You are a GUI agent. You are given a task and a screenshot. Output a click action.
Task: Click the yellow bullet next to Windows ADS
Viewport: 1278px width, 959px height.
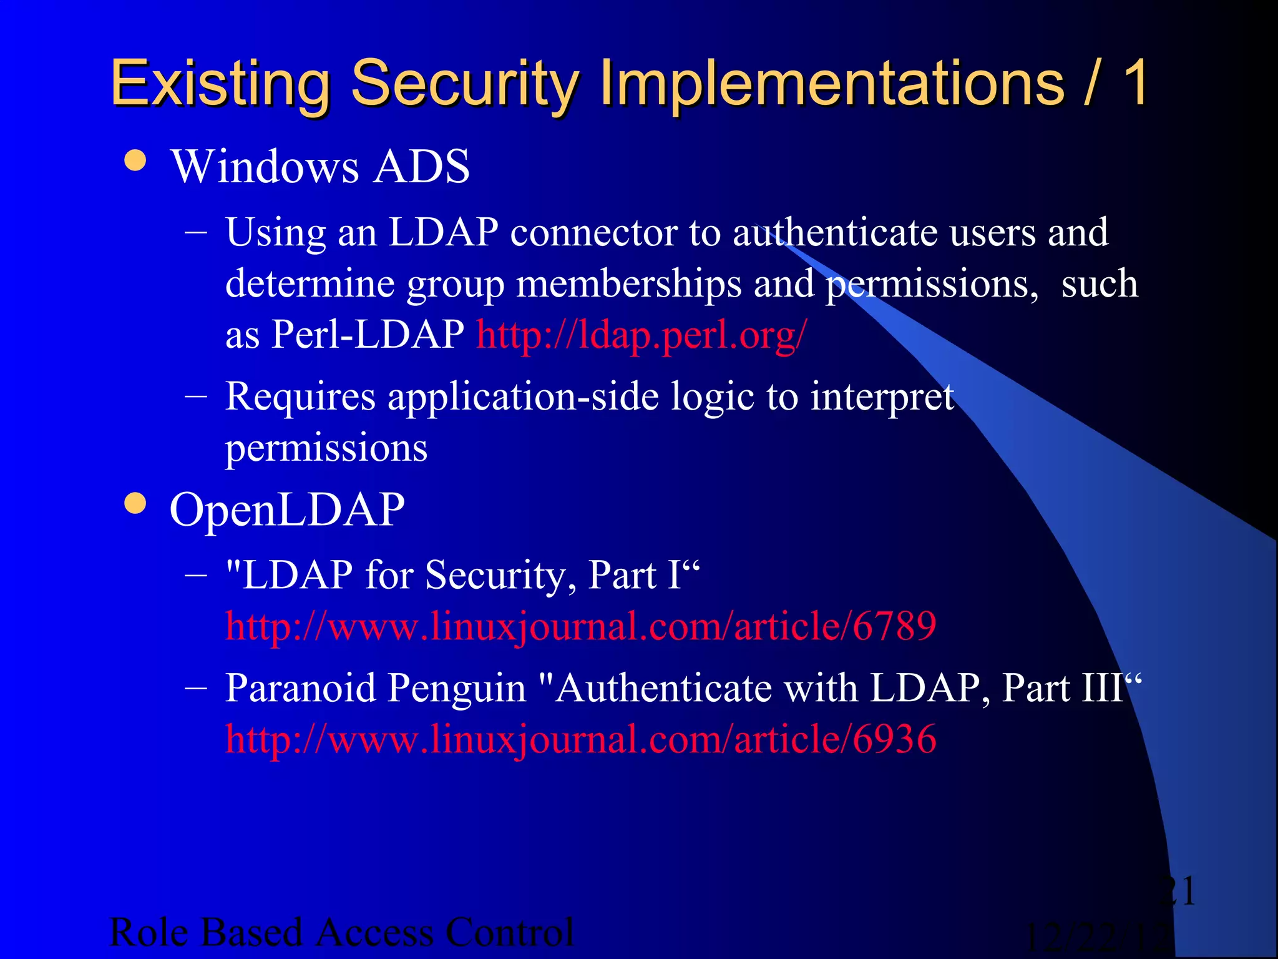click(x=135, y=160)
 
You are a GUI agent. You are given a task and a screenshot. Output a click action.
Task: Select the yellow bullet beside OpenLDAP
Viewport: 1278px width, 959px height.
click(x=135, y=503)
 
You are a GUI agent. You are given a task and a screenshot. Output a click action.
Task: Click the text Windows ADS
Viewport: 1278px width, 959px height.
click(x=320, y=167)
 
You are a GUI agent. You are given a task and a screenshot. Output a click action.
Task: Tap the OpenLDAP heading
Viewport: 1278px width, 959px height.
click(x=287, y=510)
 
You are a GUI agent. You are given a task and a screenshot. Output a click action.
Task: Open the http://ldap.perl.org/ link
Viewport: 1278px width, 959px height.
click(x=641, y=335)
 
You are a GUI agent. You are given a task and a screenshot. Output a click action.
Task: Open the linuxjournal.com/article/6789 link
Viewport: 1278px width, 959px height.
click(x=580, y=626)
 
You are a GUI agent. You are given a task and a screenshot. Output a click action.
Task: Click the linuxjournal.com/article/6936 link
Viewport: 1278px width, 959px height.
click(x=580, y=739)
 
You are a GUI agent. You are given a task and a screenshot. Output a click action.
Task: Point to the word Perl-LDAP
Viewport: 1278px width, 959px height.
click(x=368, y=335)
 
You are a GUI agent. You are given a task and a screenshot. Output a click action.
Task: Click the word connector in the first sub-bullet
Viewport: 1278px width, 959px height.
click(x=593, y=233)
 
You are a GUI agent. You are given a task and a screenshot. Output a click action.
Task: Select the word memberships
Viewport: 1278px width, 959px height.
click(x=629, y=284)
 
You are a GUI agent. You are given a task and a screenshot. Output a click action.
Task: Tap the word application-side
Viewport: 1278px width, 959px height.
click(x=523, y=397)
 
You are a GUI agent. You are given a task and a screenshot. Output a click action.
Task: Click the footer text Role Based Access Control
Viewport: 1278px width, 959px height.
click(x=341, y=933)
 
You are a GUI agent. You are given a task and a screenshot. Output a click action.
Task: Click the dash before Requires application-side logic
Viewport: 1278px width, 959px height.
click(x=197, y=397)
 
